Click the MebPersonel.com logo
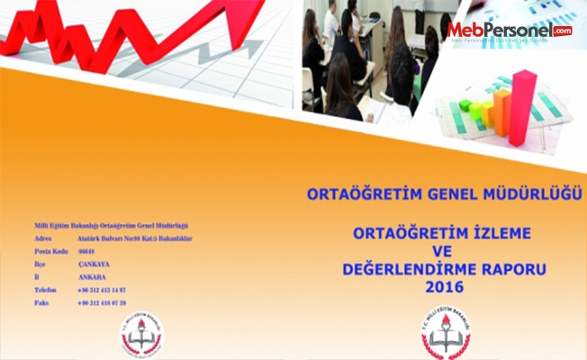click(510, 32)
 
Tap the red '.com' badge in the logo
click(563, 31)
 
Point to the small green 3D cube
click(465, 106)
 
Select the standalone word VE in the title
click(440, 251)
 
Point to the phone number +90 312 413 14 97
click(102, 290)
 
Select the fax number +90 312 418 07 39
click(102, 303)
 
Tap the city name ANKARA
click(92, 277)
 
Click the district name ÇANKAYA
click(93, 265)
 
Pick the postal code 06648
click(87, 252)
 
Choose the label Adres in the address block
click(42, 238)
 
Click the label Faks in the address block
click(41, 303)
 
